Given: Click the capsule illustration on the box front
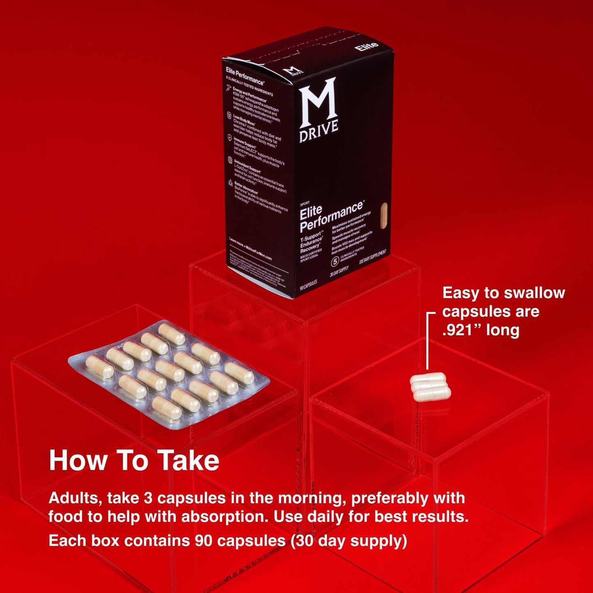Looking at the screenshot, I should [384, 216].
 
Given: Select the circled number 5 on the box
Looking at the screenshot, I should [335, 261].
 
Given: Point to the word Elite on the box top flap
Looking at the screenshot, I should [366, 46].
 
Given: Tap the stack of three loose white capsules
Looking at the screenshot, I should [430, 387].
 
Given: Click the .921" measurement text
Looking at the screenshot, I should [462, 330].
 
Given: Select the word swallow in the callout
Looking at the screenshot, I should [534, 293].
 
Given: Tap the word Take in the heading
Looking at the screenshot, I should [188, 460].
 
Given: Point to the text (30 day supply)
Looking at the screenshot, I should [349, 540].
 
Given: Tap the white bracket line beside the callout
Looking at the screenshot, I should [428, 341].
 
